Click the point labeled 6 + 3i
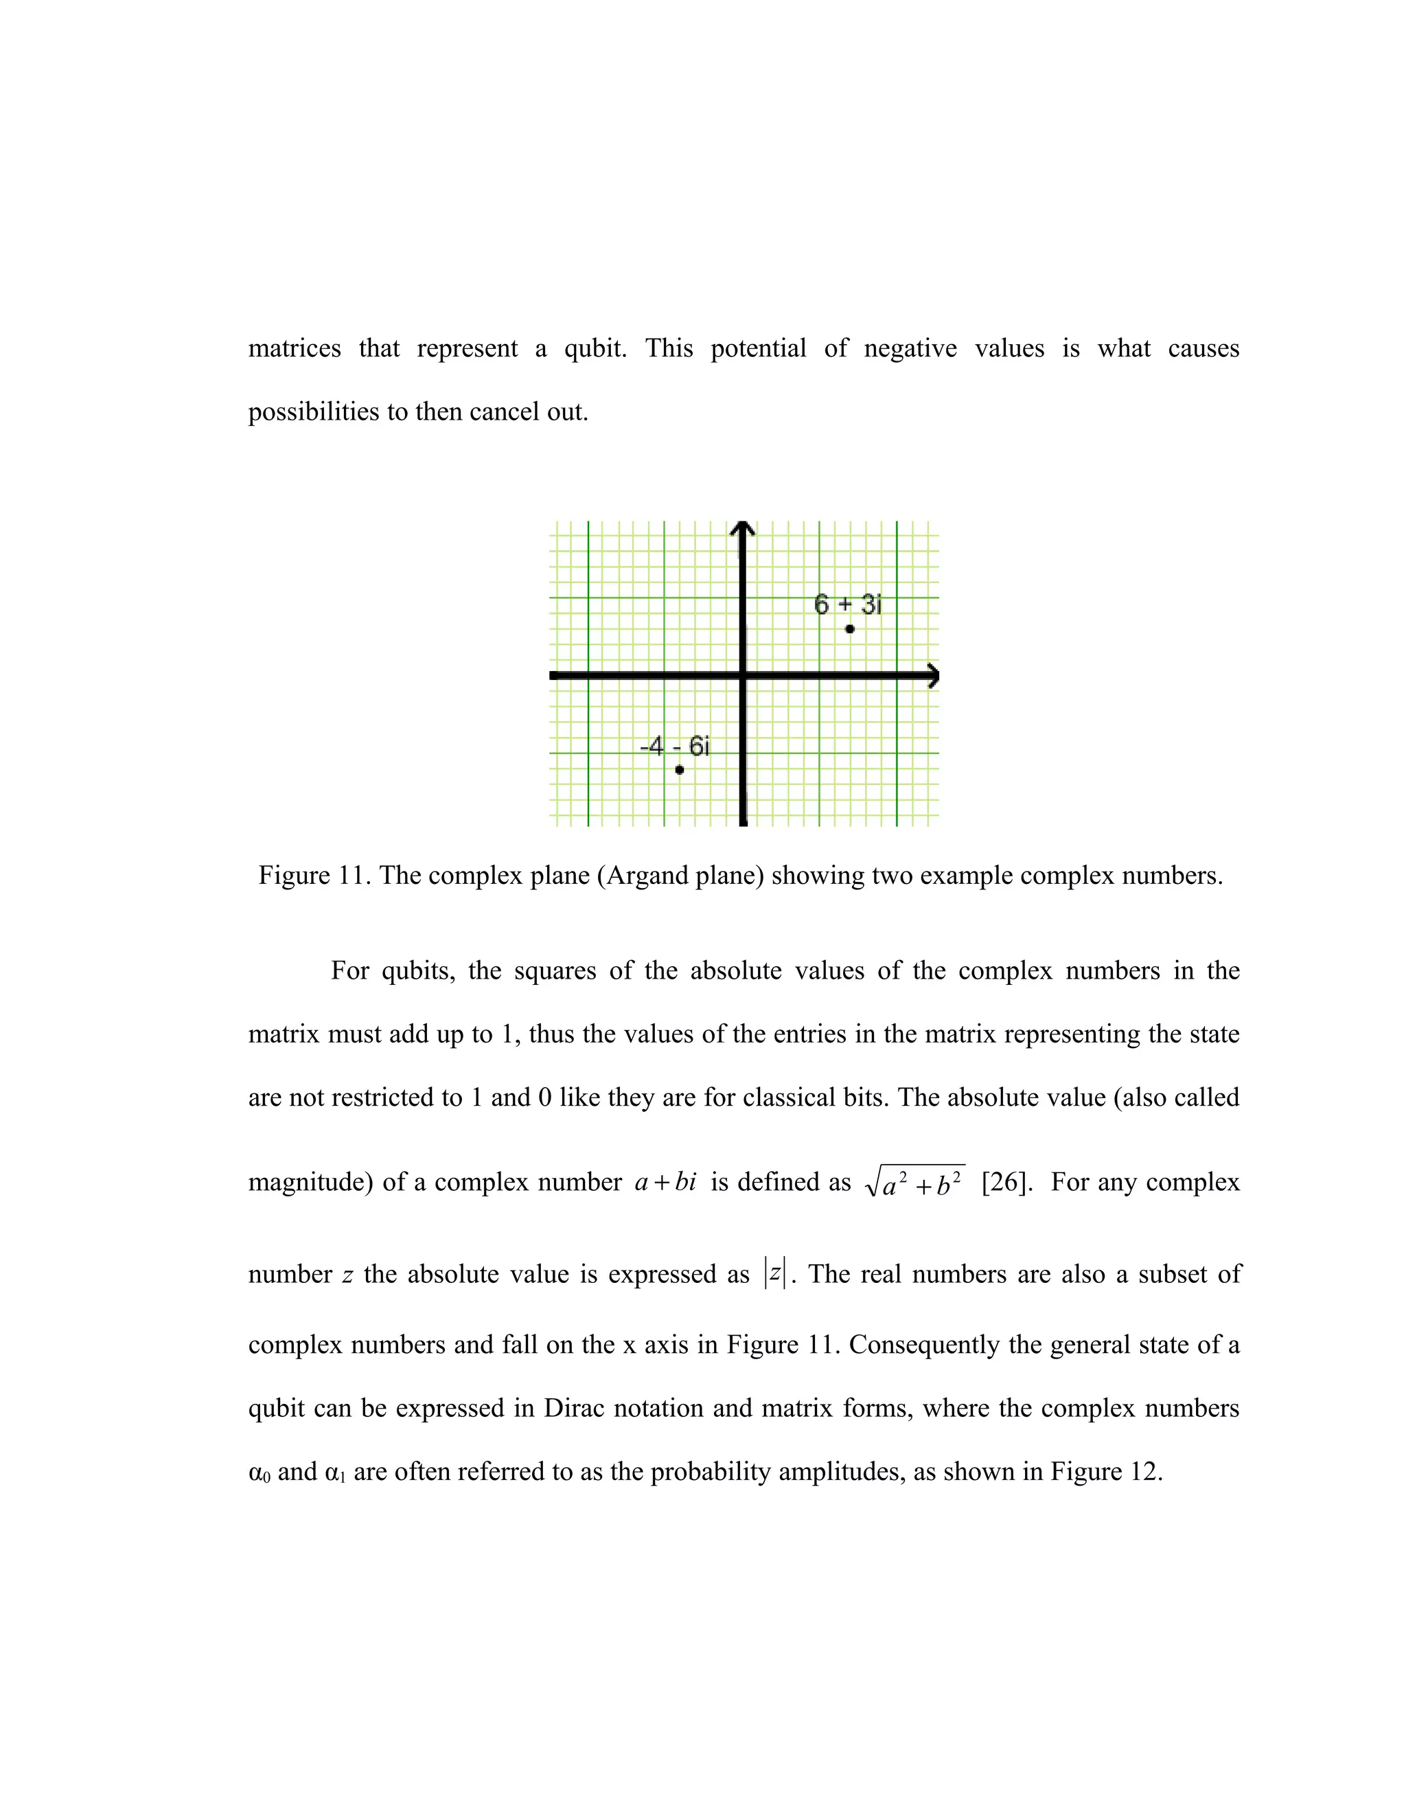(850, 629)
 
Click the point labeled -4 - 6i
(679, 770)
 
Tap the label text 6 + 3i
(847, 604)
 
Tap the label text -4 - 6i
(675, 746)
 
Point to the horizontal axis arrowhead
(933, 676)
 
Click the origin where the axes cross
(743, 676)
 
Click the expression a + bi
(665, 1183)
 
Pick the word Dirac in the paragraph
(574, 1409)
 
